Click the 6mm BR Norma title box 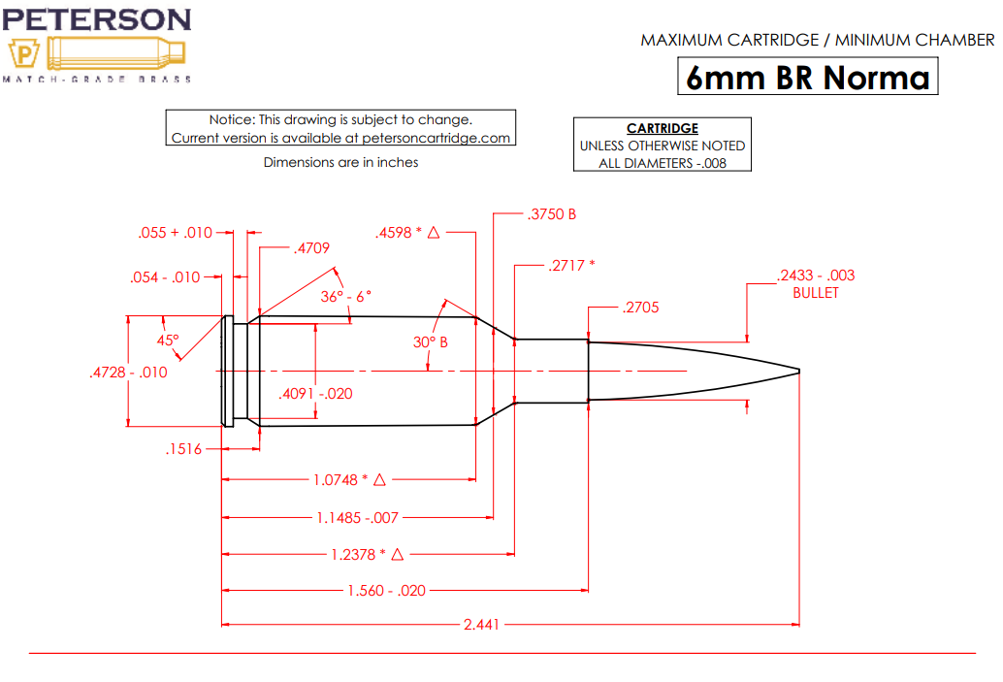click(x=807, y=77)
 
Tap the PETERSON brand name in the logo click(x=97, y=19)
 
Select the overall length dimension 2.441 click(x=481, y=624)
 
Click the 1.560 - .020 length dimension click(x=386, y=590)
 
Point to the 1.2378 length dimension click(x=356, y=554)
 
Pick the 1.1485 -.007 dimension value click(x=357, y=518)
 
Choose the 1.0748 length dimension click(x=339, y=480)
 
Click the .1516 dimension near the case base click(x=183, y=449)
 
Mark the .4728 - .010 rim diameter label click(x=127, y=372)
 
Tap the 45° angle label click(x=168, y=341)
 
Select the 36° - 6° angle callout click(x=346, y=296)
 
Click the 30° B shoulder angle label click(x=431, y=342)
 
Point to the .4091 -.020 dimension click(x=315, y=394)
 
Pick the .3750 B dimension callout click(x=552, y=213)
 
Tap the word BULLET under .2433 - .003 click(x=815, y=293)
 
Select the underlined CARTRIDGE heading click(x=663, y=128)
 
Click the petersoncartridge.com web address click(x=436, y=138)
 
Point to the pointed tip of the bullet click(x=798, y=372)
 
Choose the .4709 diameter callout click(x=310, y=248)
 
